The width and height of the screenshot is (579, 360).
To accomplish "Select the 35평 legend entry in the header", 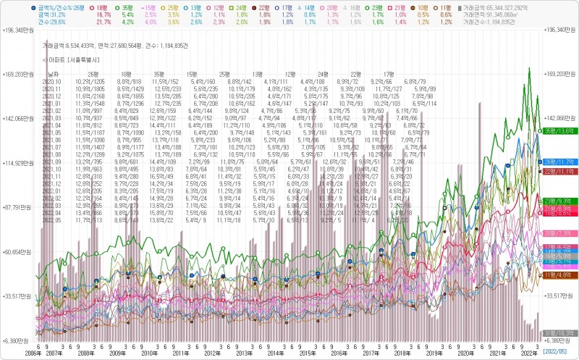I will (126, 6).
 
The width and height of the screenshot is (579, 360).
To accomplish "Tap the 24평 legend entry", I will (243, 6).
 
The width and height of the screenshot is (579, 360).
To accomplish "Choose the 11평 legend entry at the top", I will (447, 6).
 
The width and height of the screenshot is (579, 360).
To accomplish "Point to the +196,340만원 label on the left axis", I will (18, 30).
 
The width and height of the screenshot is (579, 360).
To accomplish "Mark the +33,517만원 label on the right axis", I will (560, 296).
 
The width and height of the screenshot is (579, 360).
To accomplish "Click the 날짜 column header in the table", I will (53, 75).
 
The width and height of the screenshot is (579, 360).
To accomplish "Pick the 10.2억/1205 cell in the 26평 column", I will (90, 82).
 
